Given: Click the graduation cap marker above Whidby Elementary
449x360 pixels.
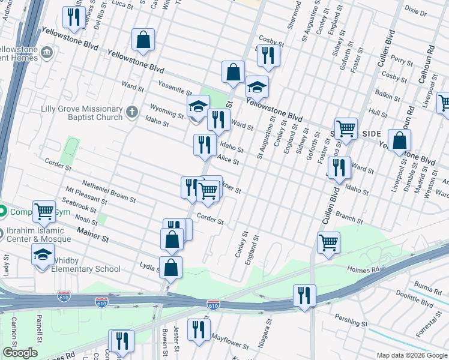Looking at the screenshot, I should point(43,254).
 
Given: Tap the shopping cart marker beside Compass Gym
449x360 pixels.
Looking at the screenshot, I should point(44,211).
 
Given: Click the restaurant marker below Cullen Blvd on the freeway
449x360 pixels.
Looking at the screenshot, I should point(305,295).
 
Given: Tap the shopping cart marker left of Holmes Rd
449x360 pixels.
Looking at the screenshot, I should point(329,242).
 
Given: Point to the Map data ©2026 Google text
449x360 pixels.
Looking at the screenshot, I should point(411,355).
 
